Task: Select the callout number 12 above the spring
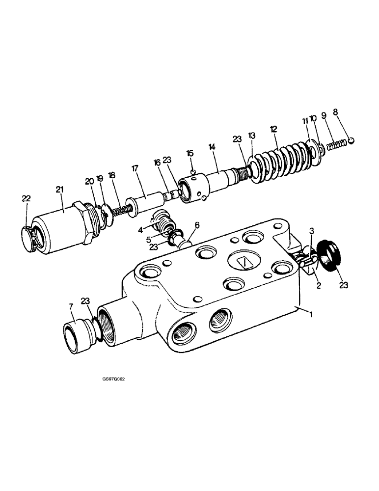(273, 129)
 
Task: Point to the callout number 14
(212, 146)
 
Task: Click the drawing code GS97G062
(107, 379)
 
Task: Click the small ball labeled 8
(352, 141)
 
